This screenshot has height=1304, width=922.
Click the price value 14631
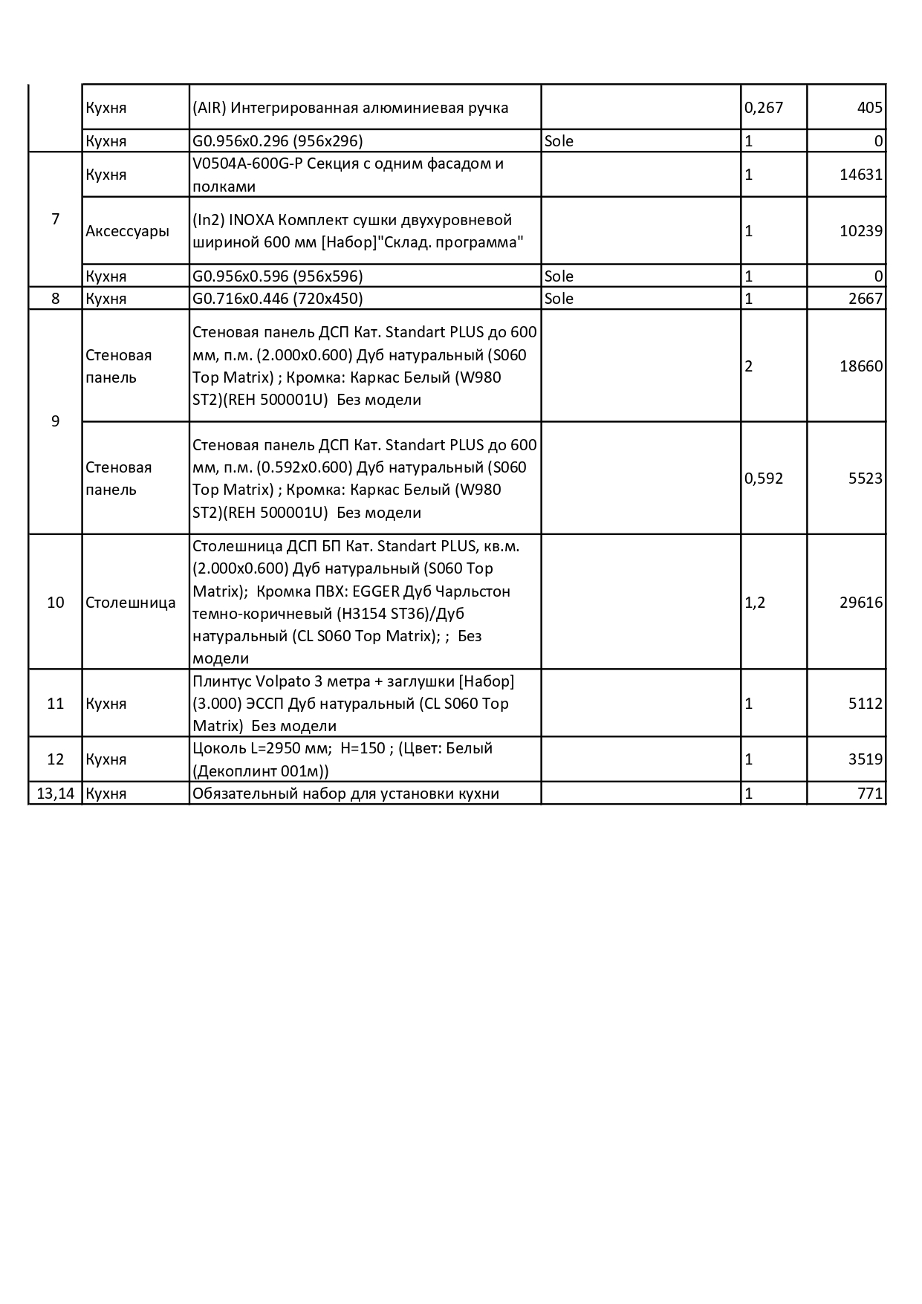(x=861, y=175)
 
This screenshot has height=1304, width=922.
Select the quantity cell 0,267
(x=764, y=108)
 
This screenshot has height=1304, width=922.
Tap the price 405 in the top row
(x=869, y=108)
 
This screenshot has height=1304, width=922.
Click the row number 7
(x=55, y=219)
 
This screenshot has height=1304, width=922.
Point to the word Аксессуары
(x=127, y=231)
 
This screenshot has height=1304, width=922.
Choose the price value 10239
(x=861, y=231)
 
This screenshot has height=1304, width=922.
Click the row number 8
(x=55, y=299)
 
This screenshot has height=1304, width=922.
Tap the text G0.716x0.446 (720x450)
(x=278, y=299)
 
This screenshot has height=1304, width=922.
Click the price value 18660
(x=861, y=366)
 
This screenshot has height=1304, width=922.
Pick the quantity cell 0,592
(x=764, y=479)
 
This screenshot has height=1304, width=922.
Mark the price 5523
(x=866, y=479)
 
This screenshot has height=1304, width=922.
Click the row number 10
(x=56, y=603)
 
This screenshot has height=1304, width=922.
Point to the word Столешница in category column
(x=131, y=603)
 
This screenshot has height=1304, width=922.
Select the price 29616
(x=861, y=603)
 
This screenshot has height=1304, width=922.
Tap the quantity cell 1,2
(x=755, y=603)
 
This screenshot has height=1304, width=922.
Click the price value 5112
(x=866, y=704)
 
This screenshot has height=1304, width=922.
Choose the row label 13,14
(x=56, y=794)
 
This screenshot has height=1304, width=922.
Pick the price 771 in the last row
(x=870, y=794)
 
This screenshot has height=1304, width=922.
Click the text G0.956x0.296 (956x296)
(x=278, y=141)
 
